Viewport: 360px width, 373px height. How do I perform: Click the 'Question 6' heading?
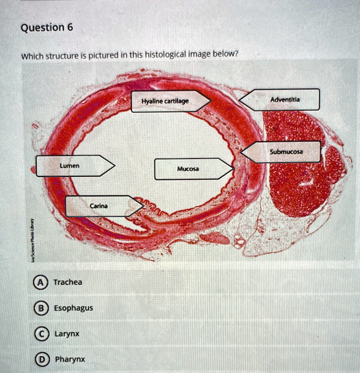47,28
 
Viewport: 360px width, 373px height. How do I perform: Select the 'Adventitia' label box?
281,99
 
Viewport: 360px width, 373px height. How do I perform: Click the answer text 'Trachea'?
68,282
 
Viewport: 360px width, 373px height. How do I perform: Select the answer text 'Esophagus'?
73,308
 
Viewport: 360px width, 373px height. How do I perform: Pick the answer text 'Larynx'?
67,334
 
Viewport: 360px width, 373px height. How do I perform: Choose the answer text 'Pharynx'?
70,359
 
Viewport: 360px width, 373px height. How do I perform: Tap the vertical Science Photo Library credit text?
32,240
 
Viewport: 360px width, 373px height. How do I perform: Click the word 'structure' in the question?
61,56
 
